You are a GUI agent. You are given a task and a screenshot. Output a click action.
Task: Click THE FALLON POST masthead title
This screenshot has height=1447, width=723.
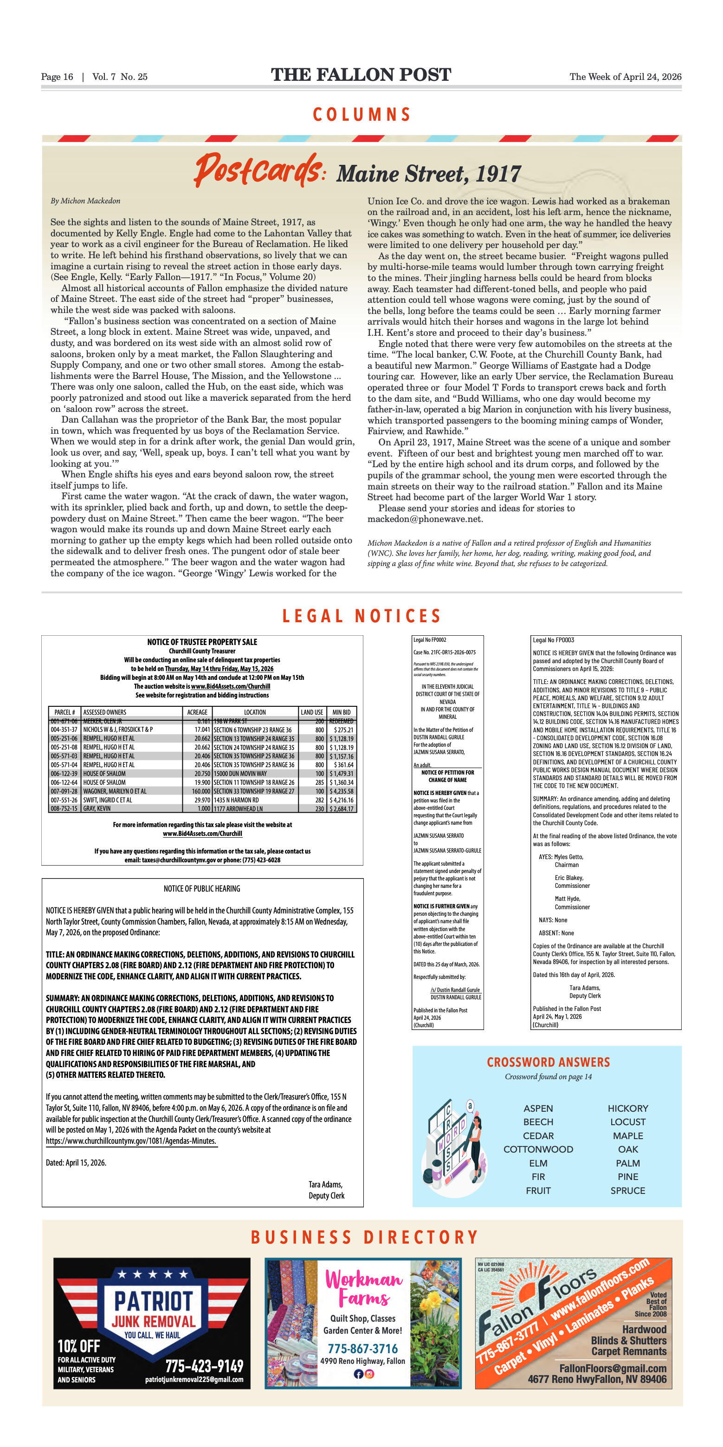[361, 75]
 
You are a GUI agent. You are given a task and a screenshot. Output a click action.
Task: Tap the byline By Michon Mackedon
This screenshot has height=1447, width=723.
[85, 201]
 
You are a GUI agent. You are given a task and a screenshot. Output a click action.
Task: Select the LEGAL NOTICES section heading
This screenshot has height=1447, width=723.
[361, 616]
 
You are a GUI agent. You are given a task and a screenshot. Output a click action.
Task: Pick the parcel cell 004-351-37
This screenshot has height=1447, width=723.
[64, 730]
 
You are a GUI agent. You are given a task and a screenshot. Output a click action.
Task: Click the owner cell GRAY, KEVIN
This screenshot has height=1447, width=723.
[97, 808]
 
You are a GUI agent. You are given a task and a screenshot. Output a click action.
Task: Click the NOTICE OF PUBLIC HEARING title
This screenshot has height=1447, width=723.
[201, 889]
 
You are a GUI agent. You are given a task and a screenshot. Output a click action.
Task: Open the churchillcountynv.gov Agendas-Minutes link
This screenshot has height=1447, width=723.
[131, 1141]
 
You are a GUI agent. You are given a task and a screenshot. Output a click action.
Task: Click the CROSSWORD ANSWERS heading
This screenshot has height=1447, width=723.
[548, 1062]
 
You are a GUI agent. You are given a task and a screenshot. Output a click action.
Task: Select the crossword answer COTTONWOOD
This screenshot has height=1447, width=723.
[538, 1149]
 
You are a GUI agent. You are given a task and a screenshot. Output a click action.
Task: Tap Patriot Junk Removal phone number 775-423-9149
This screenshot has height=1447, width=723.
[204, 1366]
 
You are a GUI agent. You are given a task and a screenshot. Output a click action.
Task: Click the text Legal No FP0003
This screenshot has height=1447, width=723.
[553, 640]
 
